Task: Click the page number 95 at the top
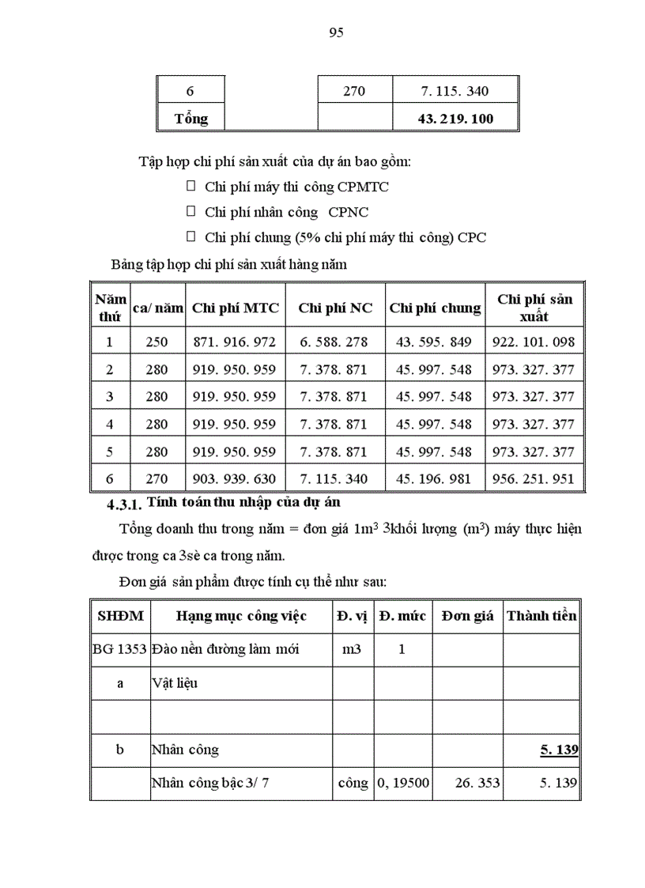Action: (x=334, y=32)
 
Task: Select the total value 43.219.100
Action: (x=456, y=119)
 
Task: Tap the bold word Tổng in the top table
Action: (x=191, y=119)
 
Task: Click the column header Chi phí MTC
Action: (x=236, y=308)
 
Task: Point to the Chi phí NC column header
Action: (x=335, y=308)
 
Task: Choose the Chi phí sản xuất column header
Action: (x=534, y=308)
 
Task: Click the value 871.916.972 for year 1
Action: (x=235, y=342)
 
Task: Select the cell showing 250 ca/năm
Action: (x=157, y=342)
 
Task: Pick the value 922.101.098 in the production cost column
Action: (x=534, y=342)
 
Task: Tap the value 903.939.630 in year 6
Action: (x=235, y=478)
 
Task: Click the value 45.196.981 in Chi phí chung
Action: (x=434, y=478)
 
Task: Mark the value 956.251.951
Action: (x=534, y=478)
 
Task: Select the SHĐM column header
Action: (x=120, y=615)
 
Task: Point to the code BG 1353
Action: (x=119, y=649)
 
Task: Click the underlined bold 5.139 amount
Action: (x=558, y=749)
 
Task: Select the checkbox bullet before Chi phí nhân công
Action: (x=190, y=211)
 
